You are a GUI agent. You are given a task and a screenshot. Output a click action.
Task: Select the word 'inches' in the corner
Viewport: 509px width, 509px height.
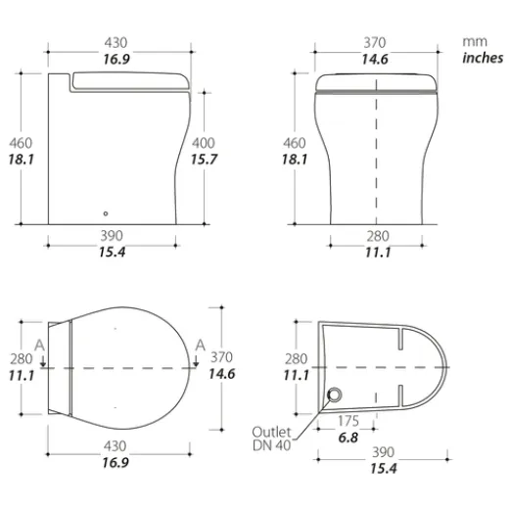click(482, 58)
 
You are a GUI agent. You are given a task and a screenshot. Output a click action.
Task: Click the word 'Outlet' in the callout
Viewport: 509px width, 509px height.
click(271, 431)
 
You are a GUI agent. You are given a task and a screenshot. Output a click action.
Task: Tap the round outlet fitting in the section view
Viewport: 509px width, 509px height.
click(335, 394)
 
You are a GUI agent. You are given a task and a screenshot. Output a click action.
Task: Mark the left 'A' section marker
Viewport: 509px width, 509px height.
click(39, 345)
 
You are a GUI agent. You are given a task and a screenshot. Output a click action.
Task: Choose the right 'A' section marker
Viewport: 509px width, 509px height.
click(200, 345)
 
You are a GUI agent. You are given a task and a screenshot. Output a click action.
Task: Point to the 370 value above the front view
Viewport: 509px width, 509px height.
click(374, 42)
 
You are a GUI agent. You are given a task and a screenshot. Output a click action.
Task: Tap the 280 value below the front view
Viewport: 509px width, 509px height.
click(378, 236)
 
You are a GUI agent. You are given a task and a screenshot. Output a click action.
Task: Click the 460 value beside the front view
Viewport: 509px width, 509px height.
click(294, 142)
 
